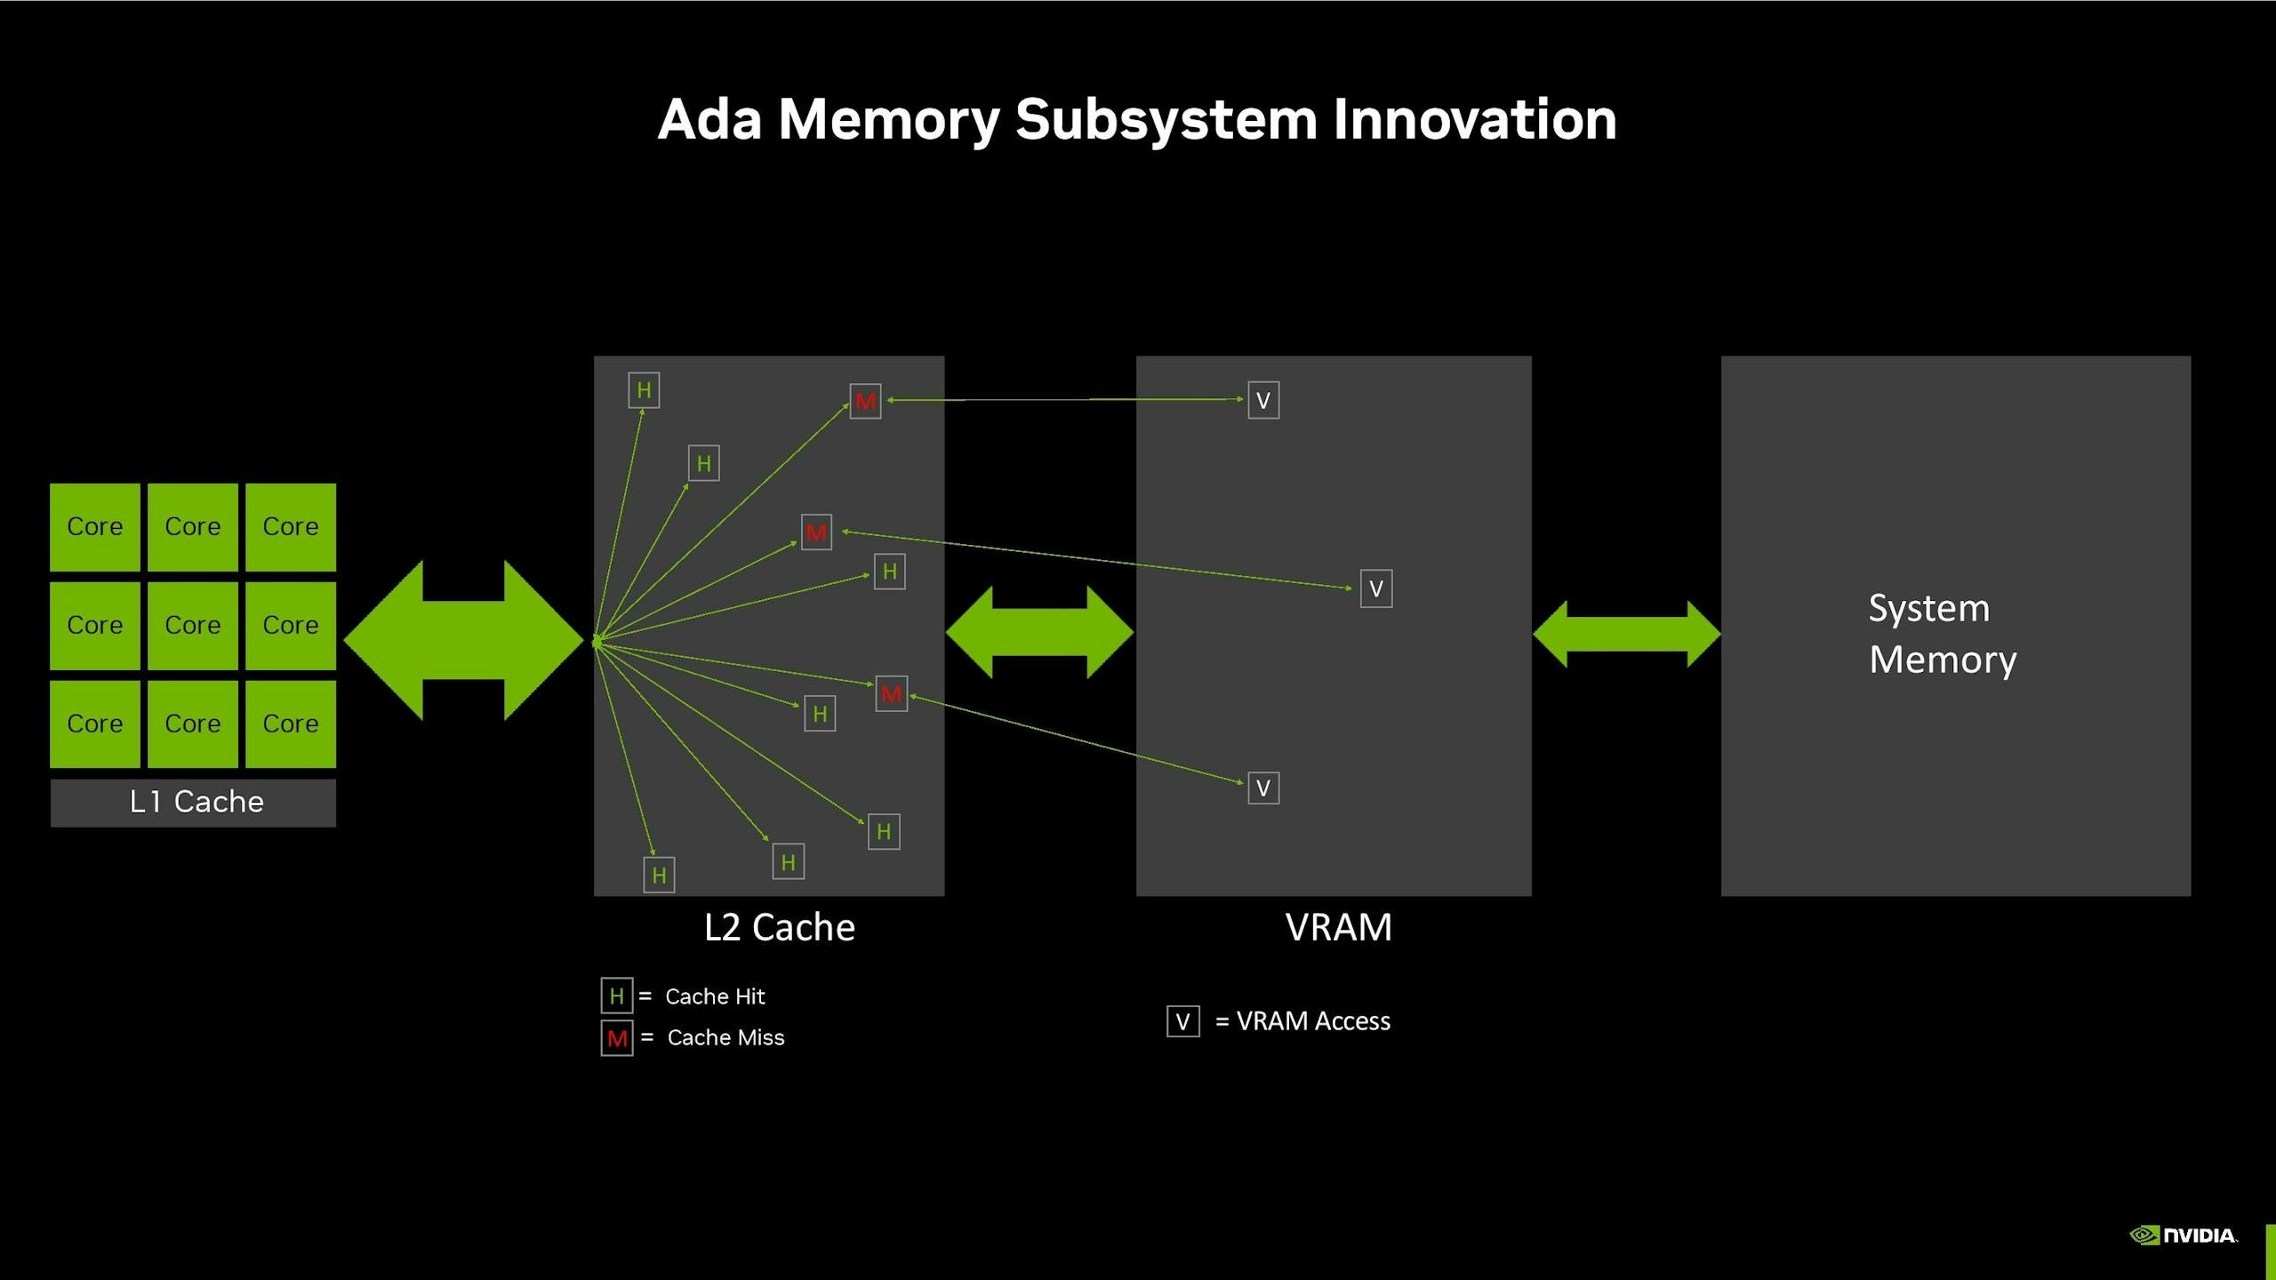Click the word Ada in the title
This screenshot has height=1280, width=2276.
coord(709,119)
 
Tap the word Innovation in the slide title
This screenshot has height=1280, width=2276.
coord(1474,119)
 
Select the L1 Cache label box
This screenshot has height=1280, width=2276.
coord(193,803)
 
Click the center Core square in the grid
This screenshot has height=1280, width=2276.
coord(193,625)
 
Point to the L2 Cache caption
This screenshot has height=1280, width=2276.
coord(780,927)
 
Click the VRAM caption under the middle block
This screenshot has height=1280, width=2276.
coord(1338,927)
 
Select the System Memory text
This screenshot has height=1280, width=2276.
coord(1943,634)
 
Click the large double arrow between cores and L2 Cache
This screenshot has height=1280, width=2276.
coord(463,640)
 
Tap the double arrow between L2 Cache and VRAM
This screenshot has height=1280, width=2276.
coord(1039,632)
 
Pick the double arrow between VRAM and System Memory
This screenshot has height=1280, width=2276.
coord(1626,634)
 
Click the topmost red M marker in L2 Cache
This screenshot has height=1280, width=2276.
coord(865,402)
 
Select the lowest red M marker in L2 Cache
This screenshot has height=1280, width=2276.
coord(891,694)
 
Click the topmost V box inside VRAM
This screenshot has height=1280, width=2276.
coord(1263,400)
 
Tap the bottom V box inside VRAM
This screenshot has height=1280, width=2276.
coord(1263,788)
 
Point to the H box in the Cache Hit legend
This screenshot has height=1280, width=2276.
coord(617,996)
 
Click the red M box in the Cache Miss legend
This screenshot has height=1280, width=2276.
coord(617,1038)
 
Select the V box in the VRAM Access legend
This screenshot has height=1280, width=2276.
coord(1183,1021)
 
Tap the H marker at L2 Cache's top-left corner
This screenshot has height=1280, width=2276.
coord(644,390)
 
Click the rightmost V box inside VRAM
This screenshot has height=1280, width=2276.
coord(1376,588)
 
